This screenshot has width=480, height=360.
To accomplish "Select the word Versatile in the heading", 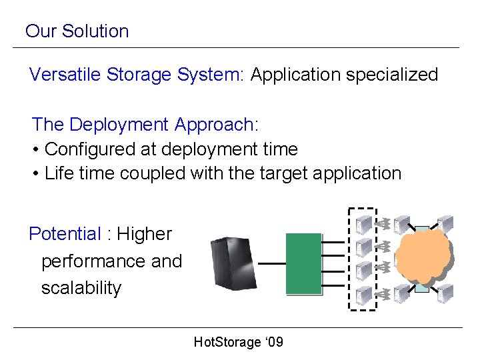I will coord(62,75).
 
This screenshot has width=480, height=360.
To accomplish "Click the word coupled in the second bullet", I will coord(153,173).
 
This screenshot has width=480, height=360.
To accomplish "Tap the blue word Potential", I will coord(65,234).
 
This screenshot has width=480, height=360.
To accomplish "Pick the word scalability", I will coord(81,289).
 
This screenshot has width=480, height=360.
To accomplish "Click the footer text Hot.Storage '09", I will coord(238,343).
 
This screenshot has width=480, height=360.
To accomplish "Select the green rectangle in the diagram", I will coord(303,263).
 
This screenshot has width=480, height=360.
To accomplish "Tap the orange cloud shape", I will coord(423,256).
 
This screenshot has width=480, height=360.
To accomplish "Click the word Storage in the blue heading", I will coord(141,75).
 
